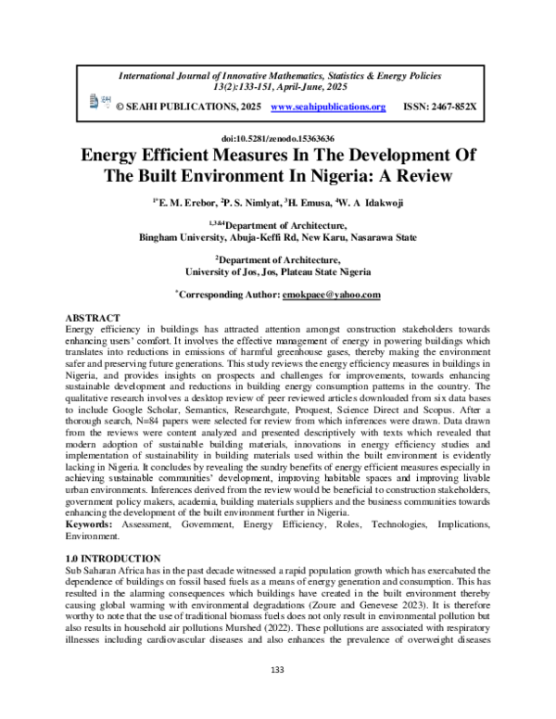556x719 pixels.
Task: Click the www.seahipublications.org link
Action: tap(327, 107)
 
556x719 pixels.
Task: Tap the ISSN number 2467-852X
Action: tap(439, 107)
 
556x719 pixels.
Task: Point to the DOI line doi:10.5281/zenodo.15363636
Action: tap(277, 137)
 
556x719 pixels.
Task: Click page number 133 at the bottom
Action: tap(277, 669)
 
